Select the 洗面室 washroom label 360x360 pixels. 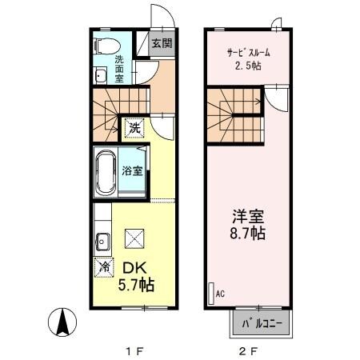[119, 70]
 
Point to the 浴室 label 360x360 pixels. [133, 170]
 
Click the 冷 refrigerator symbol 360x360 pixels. [103, 268]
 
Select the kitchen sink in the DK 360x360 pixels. [102, 239]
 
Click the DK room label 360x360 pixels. [132, 267]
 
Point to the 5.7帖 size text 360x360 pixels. [138, 285]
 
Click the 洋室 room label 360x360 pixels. [248, 218]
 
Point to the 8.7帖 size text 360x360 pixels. [248, 235]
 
